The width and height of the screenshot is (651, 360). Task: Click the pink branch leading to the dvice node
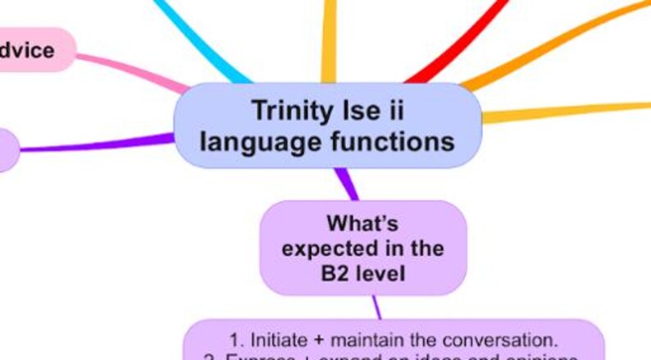point(131,70)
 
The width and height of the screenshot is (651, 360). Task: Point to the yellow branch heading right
point(566,111)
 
